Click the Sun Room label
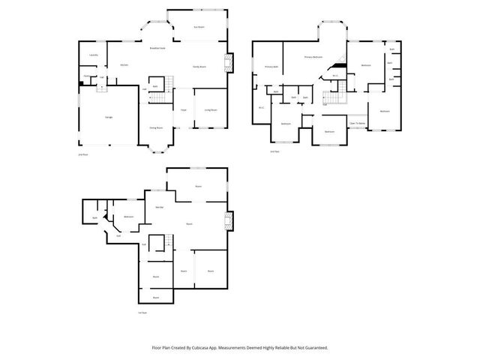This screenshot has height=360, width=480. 199,28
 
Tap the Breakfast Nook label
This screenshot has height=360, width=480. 157,47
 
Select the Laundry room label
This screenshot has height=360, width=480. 94,55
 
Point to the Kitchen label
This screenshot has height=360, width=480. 124,65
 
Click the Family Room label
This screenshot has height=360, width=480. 199,66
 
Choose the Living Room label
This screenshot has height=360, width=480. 211,110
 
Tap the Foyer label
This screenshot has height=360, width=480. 183,110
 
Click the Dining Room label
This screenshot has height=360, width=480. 155,128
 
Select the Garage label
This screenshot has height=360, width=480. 109,118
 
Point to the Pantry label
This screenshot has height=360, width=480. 87,76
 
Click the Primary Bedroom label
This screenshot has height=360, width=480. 313,57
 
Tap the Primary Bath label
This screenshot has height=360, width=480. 271,67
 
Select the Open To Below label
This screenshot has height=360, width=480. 357,123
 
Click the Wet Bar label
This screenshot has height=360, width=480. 160,207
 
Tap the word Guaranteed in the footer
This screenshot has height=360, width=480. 314,348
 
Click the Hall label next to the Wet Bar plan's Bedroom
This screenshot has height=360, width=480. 118,235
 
